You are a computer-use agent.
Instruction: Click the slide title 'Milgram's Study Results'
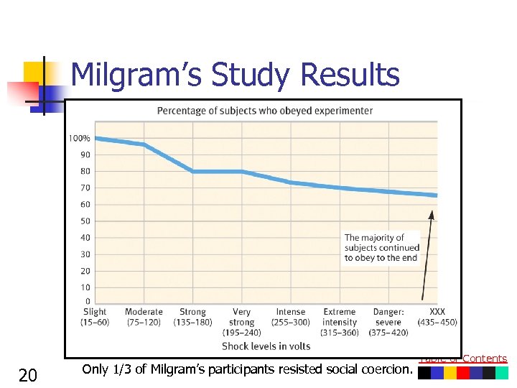[235, 75]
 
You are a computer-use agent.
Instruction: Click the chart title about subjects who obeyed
[265, 111]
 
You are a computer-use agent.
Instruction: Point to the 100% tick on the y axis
[80, 138]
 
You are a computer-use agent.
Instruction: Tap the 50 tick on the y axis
[85, 221]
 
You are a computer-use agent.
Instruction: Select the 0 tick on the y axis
[88, 302]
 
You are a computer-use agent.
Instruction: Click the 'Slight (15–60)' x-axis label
[95, 317]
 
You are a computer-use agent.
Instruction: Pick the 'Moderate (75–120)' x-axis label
[144, 317]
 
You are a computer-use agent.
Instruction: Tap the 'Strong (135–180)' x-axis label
[192, 317]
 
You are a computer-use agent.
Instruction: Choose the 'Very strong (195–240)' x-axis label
[242, 322]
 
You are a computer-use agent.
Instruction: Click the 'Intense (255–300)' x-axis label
[291, 317]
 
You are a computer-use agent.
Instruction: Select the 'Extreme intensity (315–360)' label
[340, 322]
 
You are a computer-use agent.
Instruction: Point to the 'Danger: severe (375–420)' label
[388, 322]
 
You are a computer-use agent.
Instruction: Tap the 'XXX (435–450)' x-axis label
[437, 317]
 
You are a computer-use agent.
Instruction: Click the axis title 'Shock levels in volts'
[266, 346]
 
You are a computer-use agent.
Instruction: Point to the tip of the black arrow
[432, 211]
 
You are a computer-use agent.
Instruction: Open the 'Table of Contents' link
[463, 359]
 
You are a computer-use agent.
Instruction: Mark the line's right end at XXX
[436, 195]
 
